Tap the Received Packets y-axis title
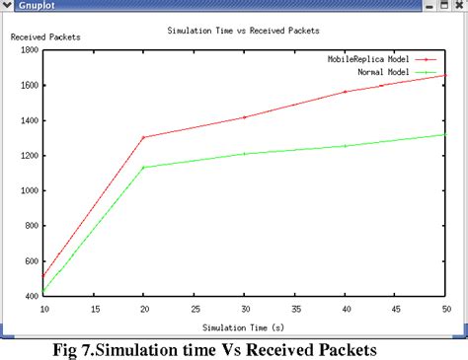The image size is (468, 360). (x=44, y=37)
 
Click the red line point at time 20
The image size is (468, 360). (x=144, y=137)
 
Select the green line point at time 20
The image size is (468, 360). (x=144, y=167)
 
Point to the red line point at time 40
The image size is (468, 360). (x=346, y=92)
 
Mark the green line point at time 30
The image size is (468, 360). (x=245, y=154)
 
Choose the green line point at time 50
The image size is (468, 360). (x=446, y=134)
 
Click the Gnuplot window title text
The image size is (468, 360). (x=34, y=6)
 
